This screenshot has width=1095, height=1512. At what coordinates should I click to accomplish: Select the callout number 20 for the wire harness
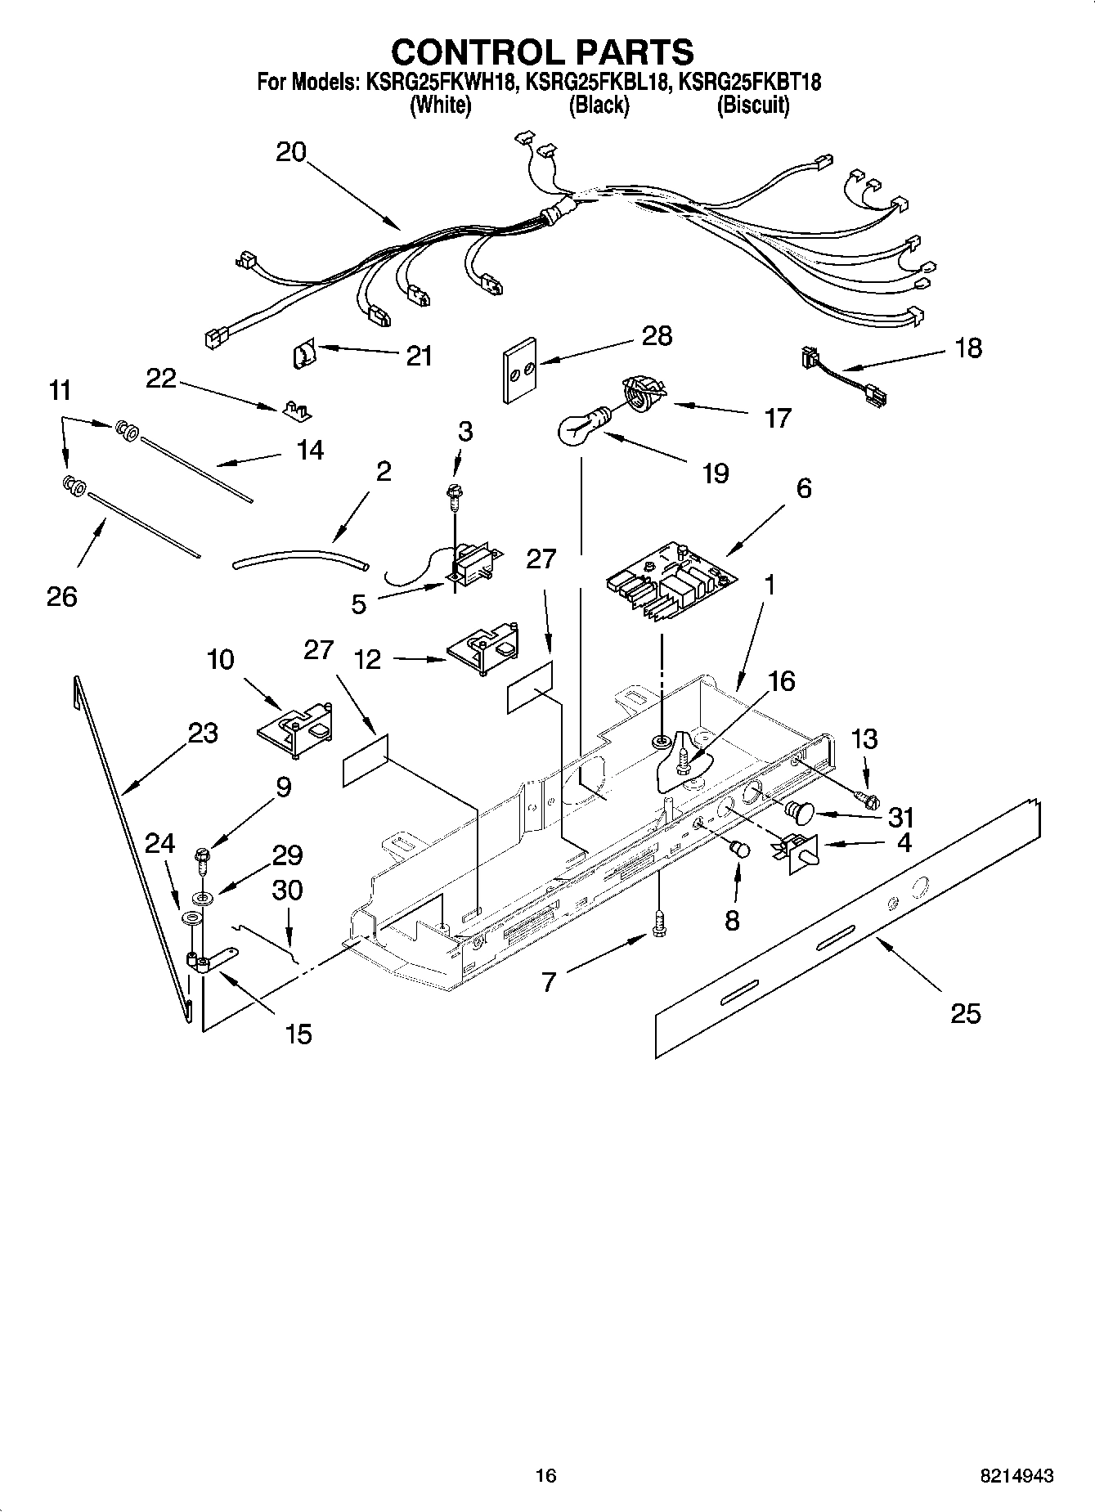pyautogui.click(x=290, y=152)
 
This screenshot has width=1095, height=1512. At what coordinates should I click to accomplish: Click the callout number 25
pyautogui.click(x=965, y=1014)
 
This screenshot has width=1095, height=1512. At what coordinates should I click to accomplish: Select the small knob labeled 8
pyautogui.click(x=740, y=849)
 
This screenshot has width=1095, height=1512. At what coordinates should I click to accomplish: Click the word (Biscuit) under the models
pyautogui.click(x=753, y=105)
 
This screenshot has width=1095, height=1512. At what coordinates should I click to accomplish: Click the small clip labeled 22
pyautogui.click(x=298, y=410)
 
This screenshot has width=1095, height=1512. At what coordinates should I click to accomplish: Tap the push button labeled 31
pyautogui.click(x=800, y=811)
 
